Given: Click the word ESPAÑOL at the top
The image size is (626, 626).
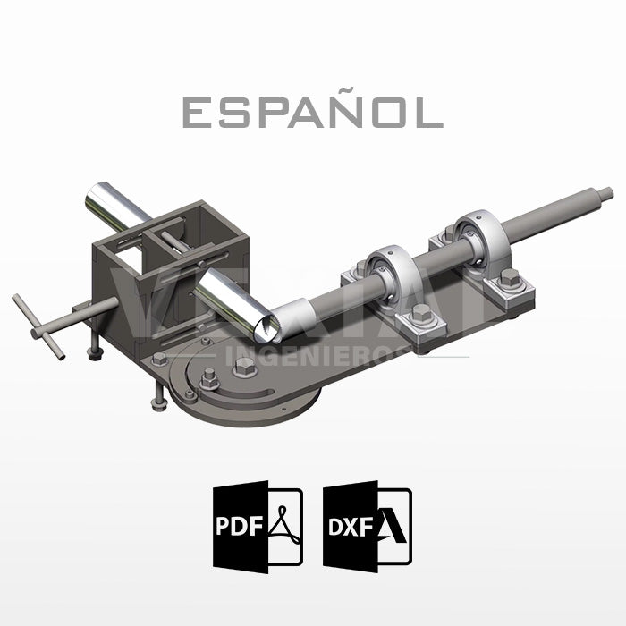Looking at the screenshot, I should (x=312, y=112).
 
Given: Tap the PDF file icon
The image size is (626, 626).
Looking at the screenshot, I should (x=258, y=526).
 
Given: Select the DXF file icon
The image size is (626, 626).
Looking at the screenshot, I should (x=368, y=526).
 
